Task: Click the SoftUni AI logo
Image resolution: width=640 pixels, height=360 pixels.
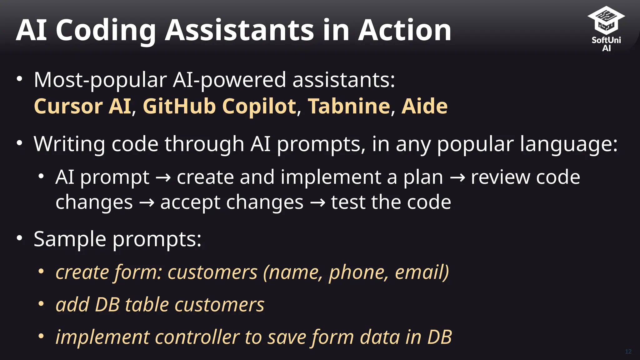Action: (x=606, y=28)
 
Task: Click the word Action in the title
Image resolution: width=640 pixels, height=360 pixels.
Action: (x=404, y=30)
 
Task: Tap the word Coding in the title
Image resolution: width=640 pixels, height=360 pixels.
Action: (x=106, y=30)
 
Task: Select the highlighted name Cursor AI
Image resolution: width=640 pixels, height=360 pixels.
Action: (x=82, y=106)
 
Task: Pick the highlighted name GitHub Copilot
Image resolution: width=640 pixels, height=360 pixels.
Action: (x=219, y=106)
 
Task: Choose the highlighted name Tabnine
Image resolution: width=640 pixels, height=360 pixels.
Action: (x=349, y=106)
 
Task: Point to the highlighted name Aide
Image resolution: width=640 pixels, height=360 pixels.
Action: (x=424, y=106)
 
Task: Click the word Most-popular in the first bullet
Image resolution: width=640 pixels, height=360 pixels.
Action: (x=100, y=80)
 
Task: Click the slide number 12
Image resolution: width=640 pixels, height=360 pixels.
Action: (x=628, y=352)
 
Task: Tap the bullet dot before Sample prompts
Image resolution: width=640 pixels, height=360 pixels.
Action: (x=20, y=238)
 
